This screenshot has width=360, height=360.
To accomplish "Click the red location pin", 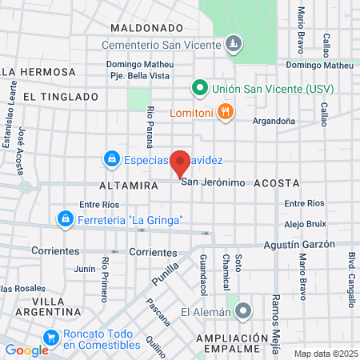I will pos(181,163).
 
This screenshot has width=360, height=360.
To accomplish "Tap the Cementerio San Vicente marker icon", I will pos(233,42).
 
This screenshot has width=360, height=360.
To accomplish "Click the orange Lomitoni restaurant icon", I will pos(226,112).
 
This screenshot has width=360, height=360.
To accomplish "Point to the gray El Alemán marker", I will pos(243,310).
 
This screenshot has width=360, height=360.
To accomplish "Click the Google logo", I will pos(26,350).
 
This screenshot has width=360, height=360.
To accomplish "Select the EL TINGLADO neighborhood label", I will pos(61,96).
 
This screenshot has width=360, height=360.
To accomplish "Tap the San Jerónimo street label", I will pos(213,182).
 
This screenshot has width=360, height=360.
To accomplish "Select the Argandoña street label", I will pos(274,121).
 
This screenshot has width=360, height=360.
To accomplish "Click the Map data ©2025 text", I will pos(325,354).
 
